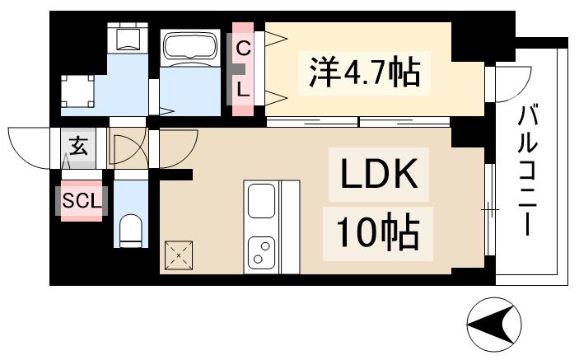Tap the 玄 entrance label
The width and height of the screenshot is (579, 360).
(79, 148)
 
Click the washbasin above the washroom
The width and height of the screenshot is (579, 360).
(126, 39)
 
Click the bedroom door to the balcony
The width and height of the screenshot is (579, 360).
(501, 82)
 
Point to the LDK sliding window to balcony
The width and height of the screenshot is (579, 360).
(489, 210)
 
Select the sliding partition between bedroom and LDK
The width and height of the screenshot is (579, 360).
(358, 122)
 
